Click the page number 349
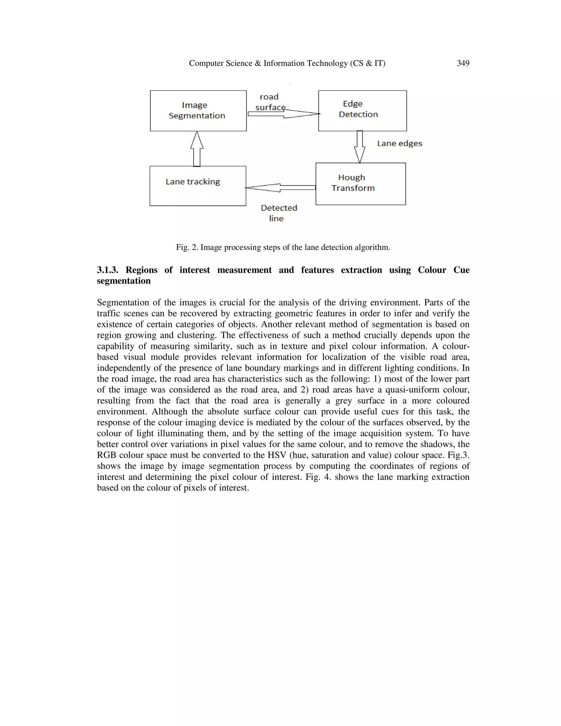[463, 63]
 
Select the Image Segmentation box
[198, 111]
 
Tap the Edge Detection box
[362, 111]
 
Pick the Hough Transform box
[360, 184]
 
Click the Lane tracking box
[198, 186]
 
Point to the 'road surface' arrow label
[269, 102]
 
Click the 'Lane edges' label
[399, 143]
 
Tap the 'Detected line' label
[279, 213]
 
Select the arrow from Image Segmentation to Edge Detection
[282, 114]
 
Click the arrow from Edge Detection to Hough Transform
[359, 146]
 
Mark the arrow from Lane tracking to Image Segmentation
[197, 149]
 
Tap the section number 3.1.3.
[107, 270]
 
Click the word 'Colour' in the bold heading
[432, 270]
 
